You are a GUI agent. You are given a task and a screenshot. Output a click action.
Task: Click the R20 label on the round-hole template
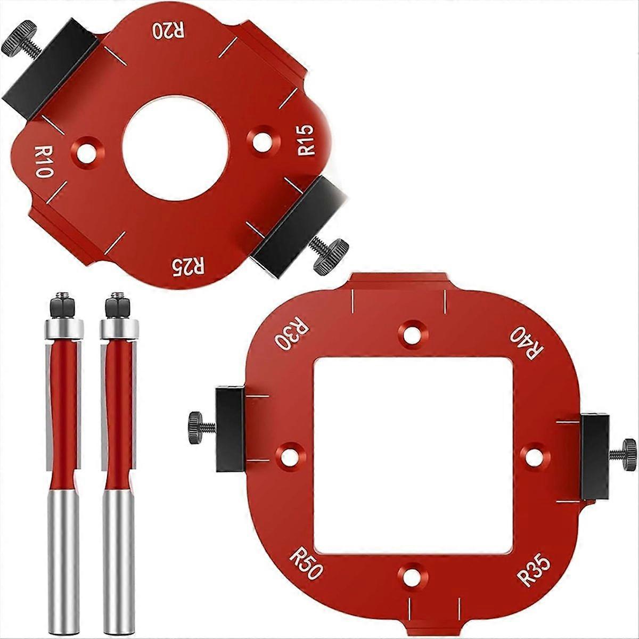click(169, 30)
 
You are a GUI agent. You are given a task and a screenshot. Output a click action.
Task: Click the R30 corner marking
click(290, 334)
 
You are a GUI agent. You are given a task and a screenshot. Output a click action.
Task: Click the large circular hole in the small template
click(175, 148)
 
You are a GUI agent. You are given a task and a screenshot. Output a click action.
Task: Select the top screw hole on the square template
click(411, 333)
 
